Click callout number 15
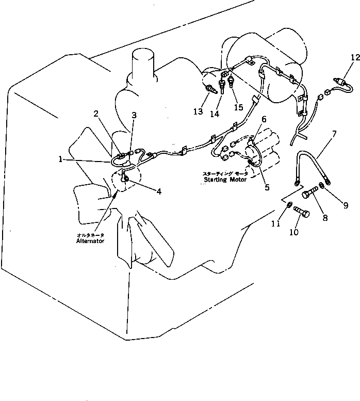[238, 107]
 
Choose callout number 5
[267, 188]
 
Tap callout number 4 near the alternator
[159, 191]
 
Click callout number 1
[62, 160]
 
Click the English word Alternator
[91, 240]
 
